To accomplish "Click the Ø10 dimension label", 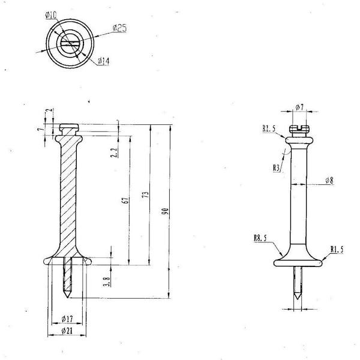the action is point(51,15).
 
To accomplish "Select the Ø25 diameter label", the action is point(119,28).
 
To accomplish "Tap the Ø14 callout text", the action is point(104,61).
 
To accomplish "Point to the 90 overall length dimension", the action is point(166,211).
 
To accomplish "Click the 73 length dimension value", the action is point(146,194).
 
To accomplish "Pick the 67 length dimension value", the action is point(126,200).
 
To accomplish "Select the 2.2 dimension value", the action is point(114,152).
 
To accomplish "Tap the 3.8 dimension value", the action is point(107,281).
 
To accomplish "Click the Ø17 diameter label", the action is point(67,319).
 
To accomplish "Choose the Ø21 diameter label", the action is point(67,331).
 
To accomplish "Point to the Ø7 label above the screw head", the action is point(299,107).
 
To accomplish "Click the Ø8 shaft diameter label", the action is point(329,181).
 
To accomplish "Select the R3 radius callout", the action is point(277,168).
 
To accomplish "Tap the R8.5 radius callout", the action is point(260,238).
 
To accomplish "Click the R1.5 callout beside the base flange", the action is point(337,250).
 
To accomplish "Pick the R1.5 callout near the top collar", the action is point(269,128).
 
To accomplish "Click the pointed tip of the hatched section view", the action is point(67,298).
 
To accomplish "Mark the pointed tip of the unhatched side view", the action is point(298,299).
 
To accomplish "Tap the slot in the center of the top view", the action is point(70,44).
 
